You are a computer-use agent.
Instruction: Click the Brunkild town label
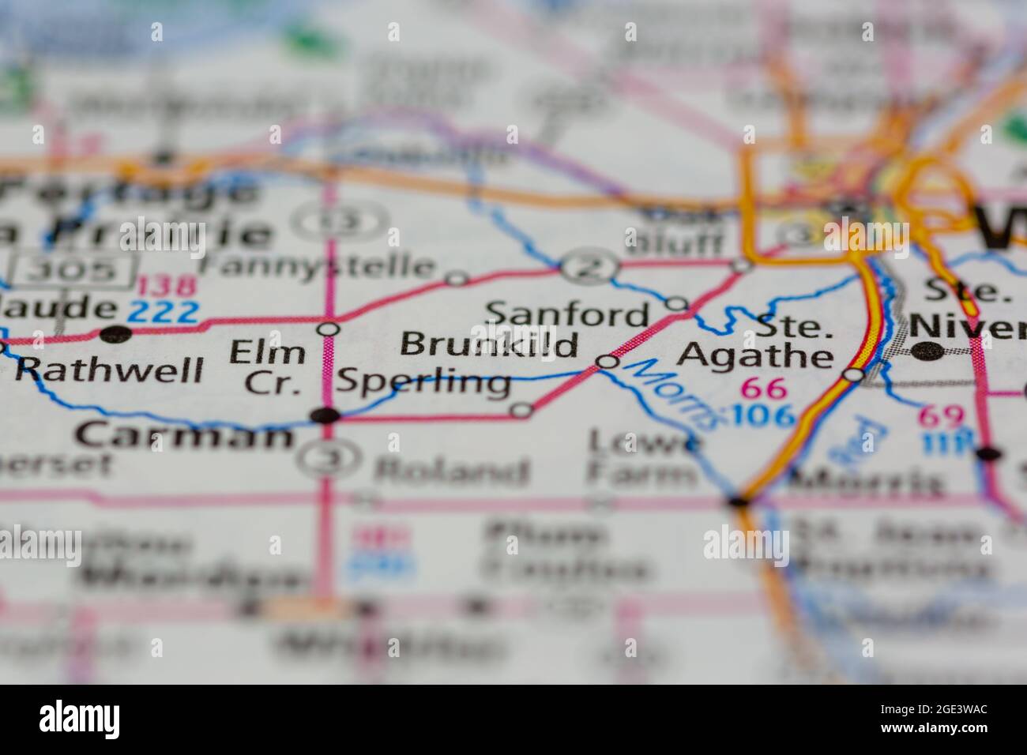tap(489, 345)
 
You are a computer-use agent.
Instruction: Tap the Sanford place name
tap(566, 314)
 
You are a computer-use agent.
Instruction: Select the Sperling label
tap(423, 383)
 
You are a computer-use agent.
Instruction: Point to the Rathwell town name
tap(110, 369)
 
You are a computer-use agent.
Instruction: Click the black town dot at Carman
tap(325, 415)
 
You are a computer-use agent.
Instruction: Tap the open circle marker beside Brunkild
tap(607, 362)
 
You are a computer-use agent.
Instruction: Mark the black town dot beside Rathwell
tap(117, 333)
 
